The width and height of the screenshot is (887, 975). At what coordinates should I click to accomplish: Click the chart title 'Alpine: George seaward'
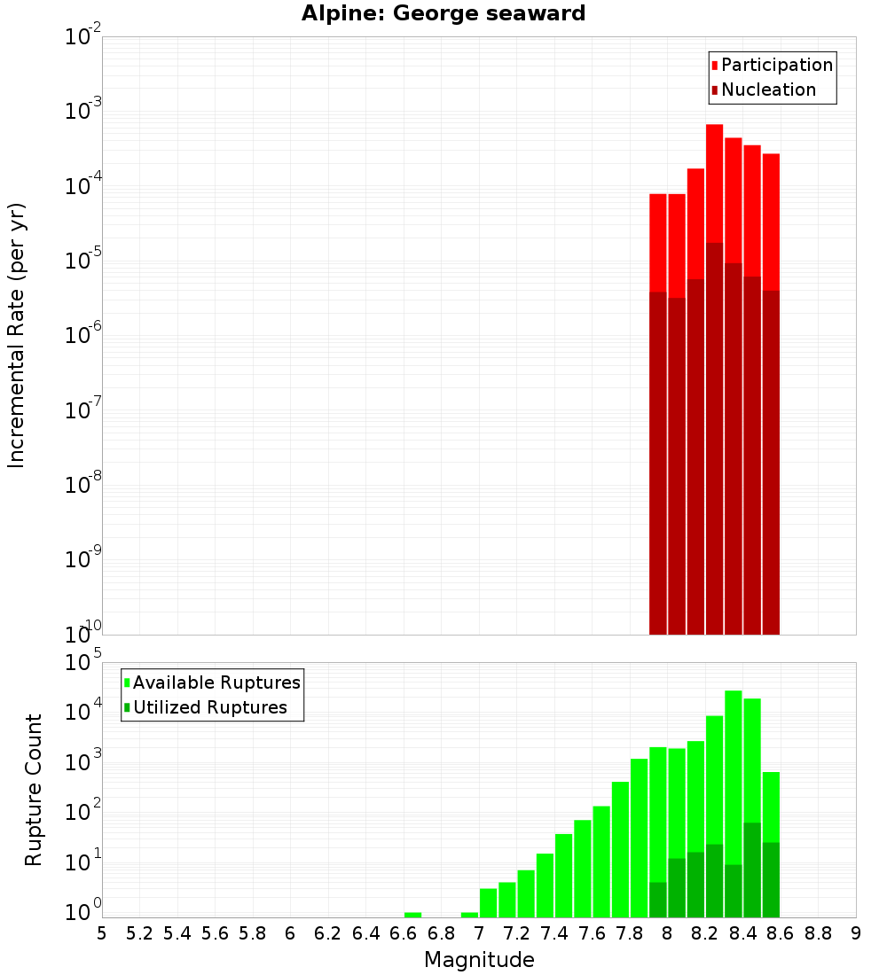pos(443,14)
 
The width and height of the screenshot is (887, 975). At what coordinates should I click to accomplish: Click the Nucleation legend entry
pos(764,90)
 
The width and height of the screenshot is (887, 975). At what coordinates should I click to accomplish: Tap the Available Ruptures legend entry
pos(212,682)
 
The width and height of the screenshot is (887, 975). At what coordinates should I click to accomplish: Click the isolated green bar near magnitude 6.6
pos(412,915)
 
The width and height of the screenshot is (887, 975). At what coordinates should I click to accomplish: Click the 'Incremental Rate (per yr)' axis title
pos(17,336)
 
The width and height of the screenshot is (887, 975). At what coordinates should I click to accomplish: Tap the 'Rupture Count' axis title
pos(34,790)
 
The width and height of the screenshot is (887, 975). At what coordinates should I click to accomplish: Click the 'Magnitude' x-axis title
pos(479,960)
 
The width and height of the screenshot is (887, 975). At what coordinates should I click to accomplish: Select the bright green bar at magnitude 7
pos(488,902)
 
